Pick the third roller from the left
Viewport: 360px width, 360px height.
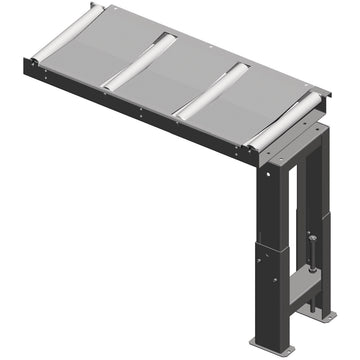tap(212, 91)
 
